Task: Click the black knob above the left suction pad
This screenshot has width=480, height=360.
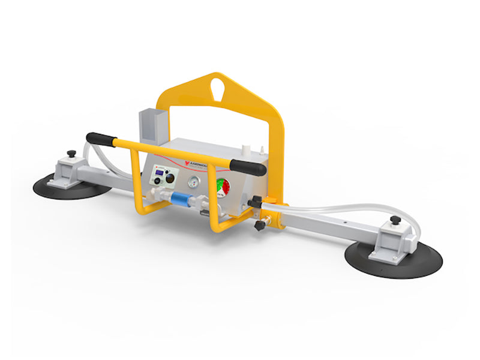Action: pyautogui.click(x=72, y=155)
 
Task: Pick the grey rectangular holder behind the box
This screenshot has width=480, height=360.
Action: pyautogui.click(x=149, y=125)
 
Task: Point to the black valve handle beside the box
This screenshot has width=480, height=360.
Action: pyautogui.click(x=254, y=203)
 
